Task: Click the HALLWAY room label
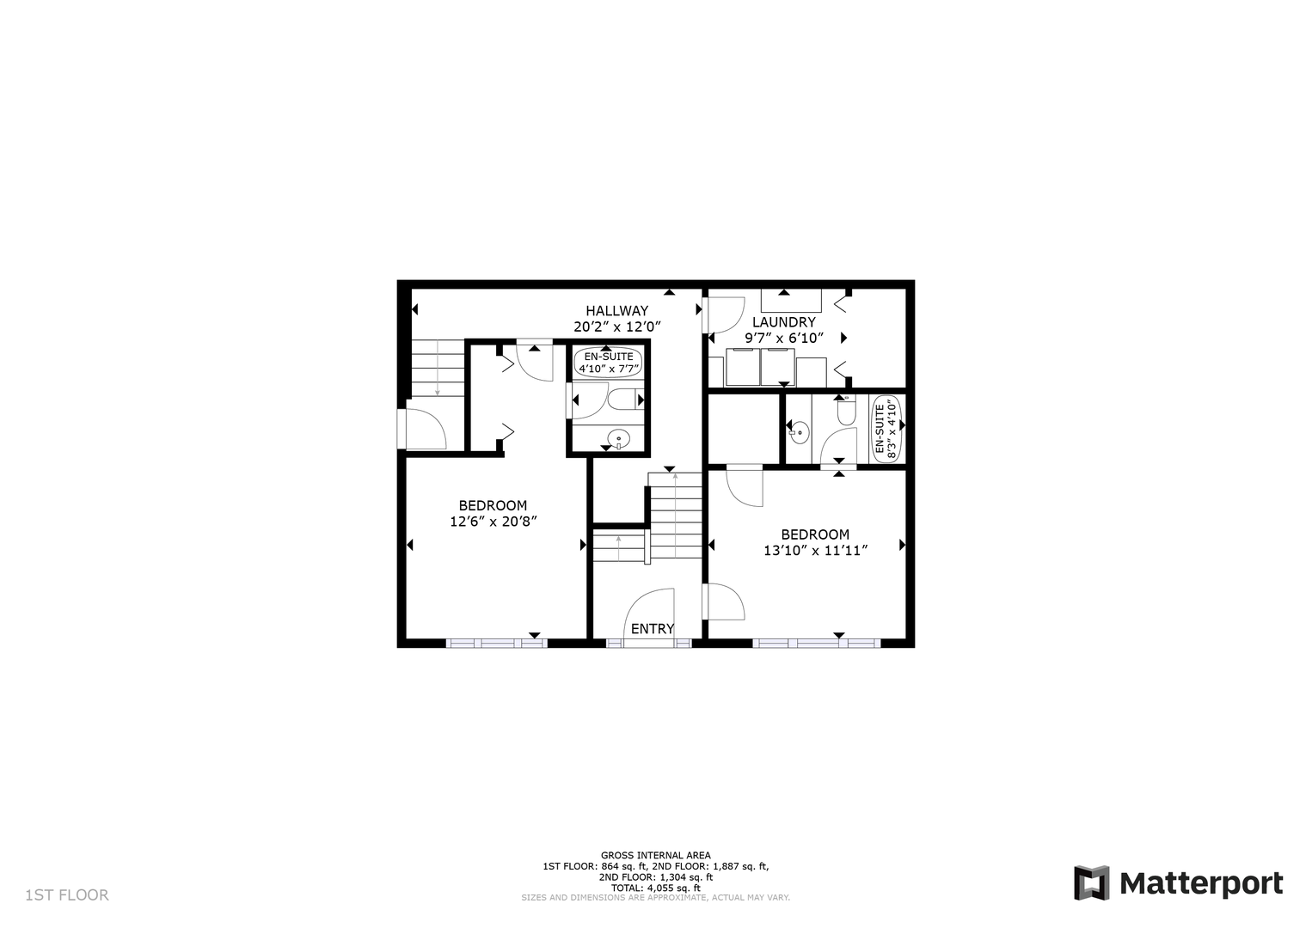(616, 310)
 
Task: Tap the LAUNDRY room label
(784, 322)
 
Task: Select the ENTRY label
(653, 629)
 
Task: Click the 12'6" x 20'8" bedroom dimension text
(494, 521)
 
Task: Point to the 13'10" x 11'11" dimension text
(815, 551)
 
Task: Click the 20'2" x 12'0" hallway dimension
(617, 327)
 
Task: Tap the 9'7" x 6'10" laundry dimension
(784, 338)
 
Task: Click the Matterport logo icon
(1092, 883)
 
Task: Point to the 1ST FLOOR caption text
(67, 895)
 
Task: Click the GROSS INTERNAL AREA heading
(655, 856)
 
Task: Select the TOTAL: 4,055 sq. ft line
(655, 888)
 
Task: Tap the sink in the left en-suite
(618, 438)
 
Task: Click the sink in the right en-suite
(799, 433)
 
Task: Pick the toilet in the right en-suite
(846, 412)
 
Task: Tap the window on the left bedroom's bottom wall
(497, 643)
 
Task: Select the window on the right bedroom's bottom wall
(817, 643)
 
